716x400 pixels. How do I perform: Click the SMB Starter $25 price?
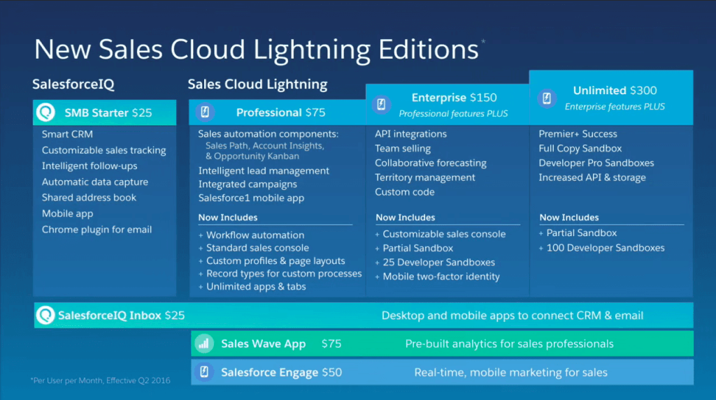(141, 112)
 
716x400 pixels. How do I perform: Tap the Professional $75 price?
(317, 112)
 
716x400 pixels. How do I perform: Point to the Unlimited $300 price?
(643, 90)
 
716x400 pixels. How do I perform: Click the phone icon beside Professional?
(205, 112)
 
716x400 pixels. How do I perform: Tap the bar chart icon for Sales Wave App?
(204, 343)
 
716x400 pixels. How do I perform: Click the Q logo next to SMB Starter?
(47, 112)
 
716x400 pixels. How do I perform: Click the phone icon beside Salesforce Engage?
(204, 372)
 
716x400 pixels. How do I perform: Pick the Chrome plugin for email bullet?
(96, 230)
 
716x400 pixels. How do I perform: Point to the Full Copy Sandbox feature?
(580, 148)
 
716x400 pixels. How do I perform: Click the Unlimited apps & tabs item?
(256, 286)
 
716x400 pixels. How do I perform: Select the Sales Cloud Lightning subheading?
(257, 84)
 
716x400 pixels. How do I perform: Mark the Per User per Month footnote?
(100, 380)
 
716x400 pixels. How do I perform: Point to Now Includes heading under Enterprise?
(405, 217)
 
